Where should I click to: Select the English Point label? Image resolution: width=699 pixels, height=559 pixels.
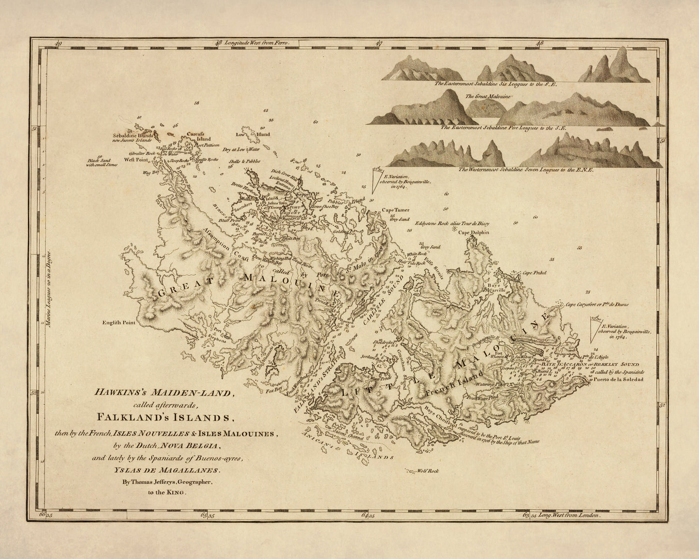pyautogui.click(x=119, y=322)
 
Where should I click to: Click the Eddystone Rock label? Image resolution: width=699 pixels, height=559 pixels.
pyautogui.click(x=452, y=223)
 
